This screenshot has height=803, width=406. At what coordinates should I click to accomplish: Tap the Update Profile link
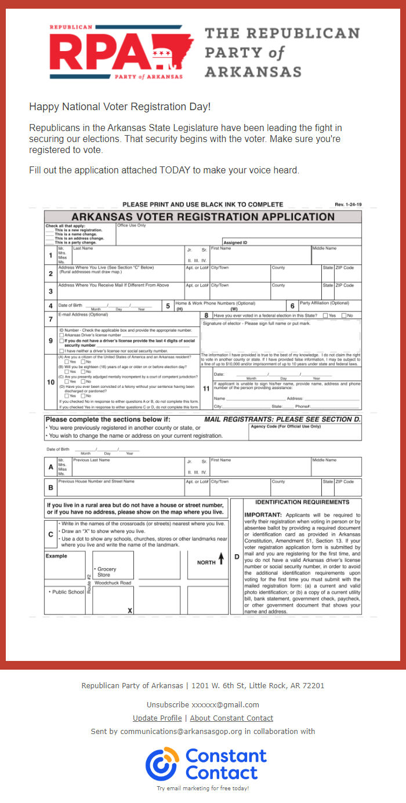(x=157, y=718)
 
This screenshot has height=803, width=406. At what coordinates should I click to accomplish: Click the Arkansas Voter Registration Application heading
(x=203, y=217)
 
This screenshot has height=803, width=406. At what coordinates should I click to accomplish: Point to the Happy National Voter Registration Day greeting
(x=119, y=107)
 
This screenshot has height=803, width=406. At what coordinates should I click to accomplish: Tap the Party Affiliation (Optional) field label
(x=324, y=303)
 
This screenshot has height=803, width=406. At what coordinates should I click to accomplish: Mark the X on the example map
(x=130, y=611)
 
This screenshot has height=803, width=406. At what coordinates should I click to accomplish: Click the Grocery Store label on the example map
(x=107, y=572)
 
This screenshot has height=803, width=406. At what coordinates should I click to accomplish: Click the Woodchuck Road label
(x=113, y=582)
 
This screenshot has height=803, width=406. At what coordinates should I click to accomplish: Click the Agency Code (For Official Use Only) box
(x=304, y=431)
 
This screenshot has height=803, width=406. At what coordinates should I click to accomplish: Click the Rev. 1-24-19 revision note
(x=347, y=205)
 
